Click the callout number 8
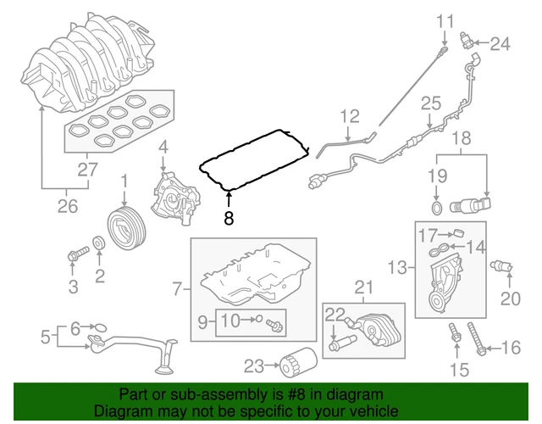[x=228, y=219]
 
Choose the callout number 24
[x=501, y=43]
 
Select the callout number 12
[x=351, y=115]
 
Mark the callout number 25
[x=431, y=103]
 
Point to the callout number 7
[x=178, y=289]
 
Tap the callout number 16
[x=511, y=347]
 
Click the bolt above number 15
[x=456, y=337]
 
